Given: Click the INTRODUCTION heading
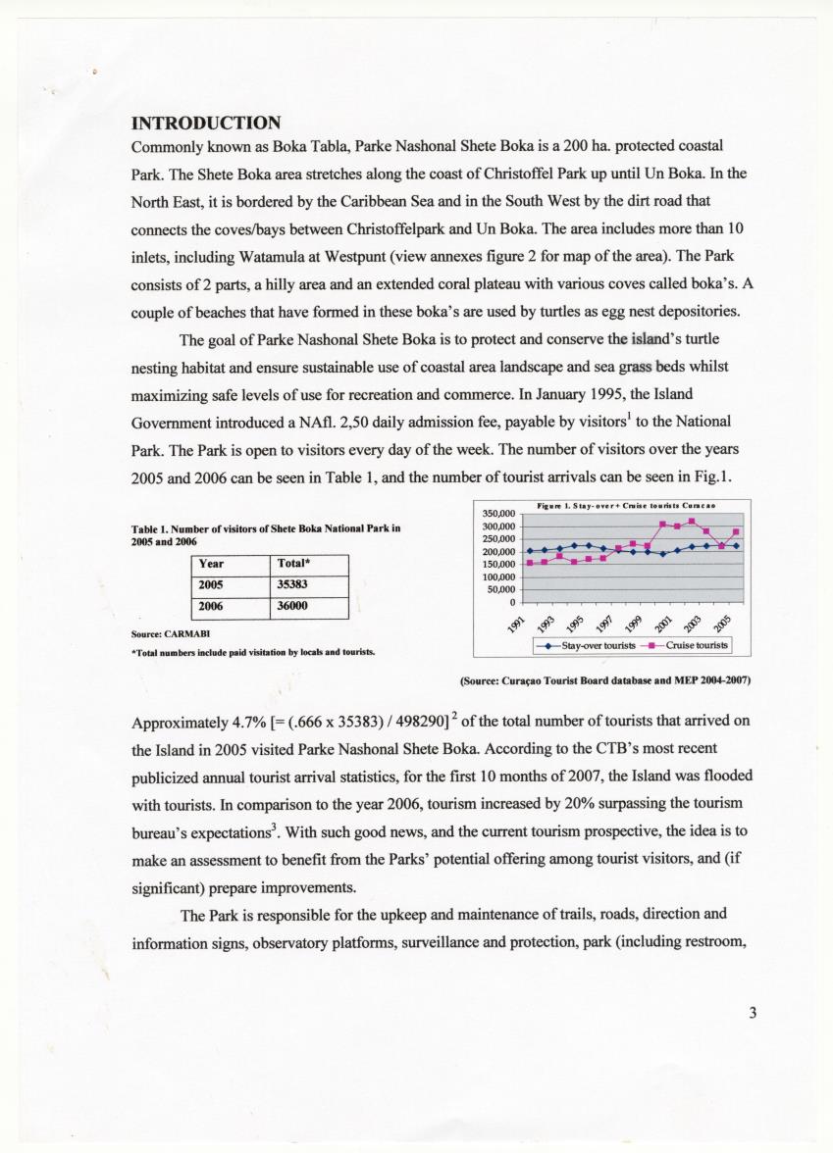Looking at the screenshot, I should [206, 124].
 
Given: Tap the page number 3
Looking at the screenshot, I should [753, 1013].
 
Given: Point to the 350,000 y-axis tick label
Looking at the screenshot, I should [500, 513].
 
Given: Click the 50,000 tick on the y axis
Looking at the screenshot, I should [502, 589].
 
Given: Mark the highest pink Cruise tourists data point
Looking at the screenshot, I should [692, 521].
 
